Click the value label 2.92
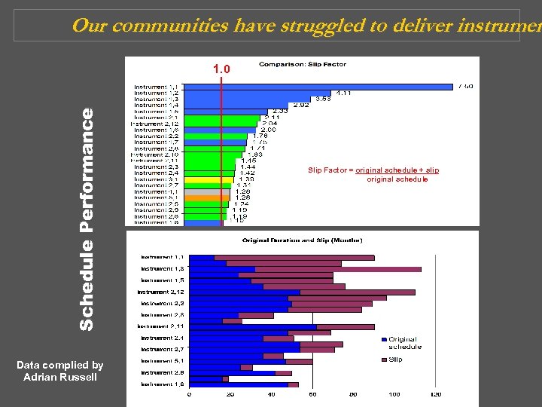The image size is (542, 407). (300, 105)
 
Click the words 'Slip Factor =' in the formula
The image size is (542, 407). (330, 170)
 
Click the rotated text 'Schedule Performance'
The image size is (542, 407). (87, 219)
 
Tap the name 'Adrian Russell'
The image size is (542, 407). (60, 377)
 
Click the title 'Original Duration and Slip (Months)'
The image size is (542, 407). (302, 240)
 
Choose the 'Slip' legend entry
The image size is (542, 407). (395, 360)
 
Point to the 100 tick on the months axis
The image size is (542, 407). (394, 394)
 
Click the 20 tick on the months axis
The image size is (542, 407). (230, 394)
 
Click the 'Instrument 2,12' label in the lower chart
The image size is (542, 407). (161, 292)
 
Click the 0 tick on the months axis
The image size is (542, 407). (189, 394)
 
